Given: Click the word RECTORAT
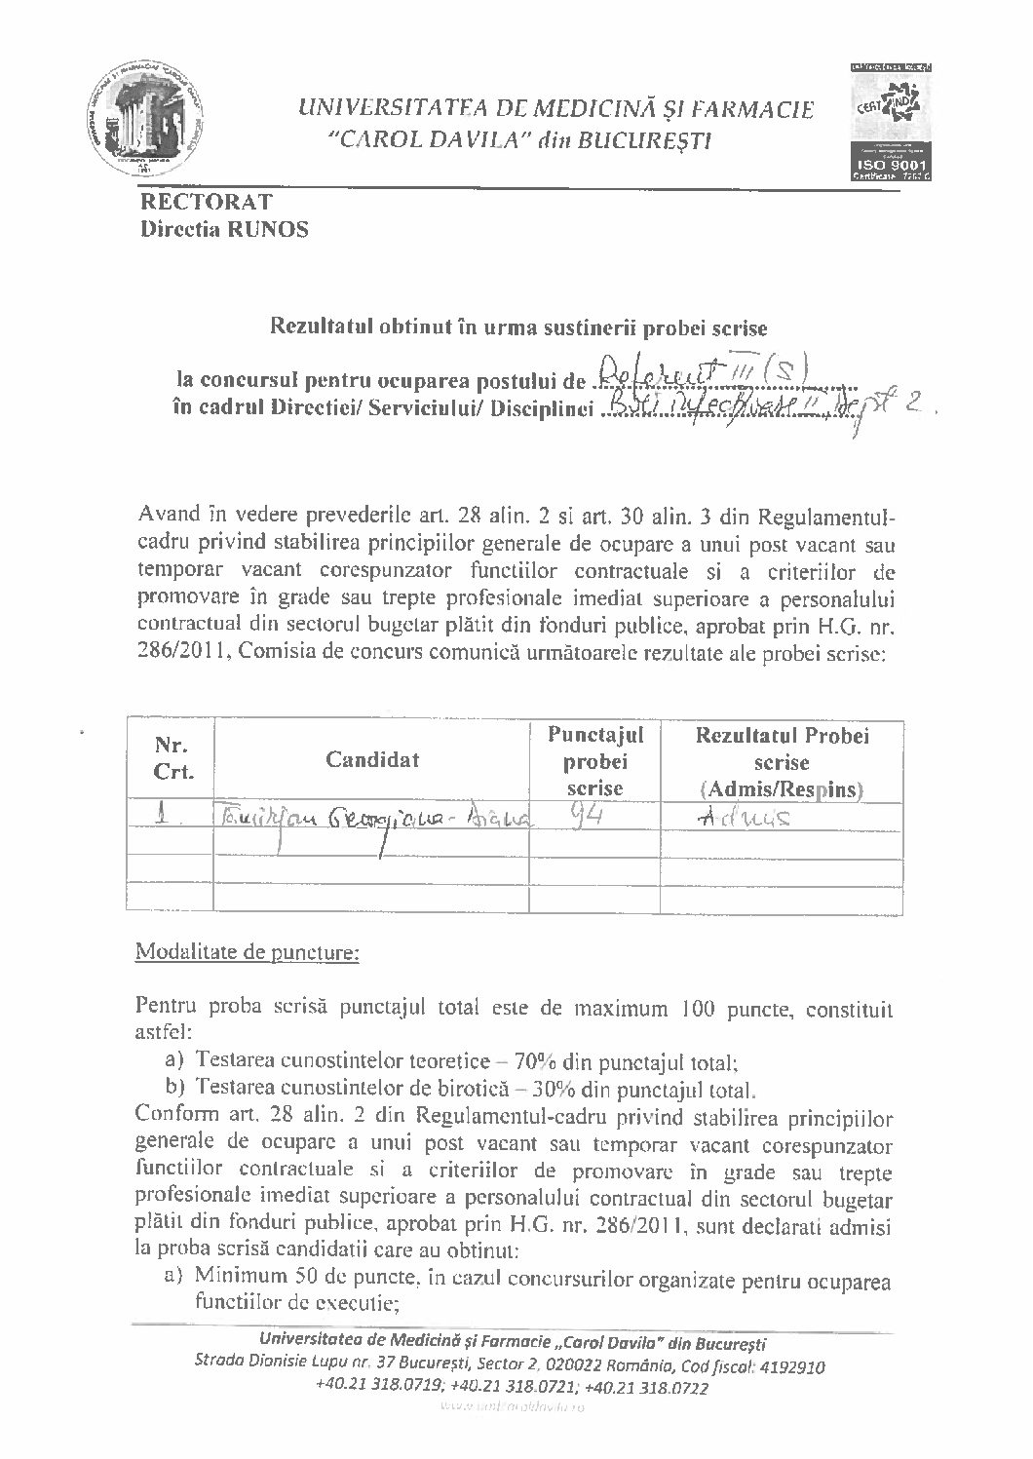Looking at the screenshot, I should tap(206, 203).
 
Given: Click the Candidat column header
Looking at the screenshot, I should tap(372, 760).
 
